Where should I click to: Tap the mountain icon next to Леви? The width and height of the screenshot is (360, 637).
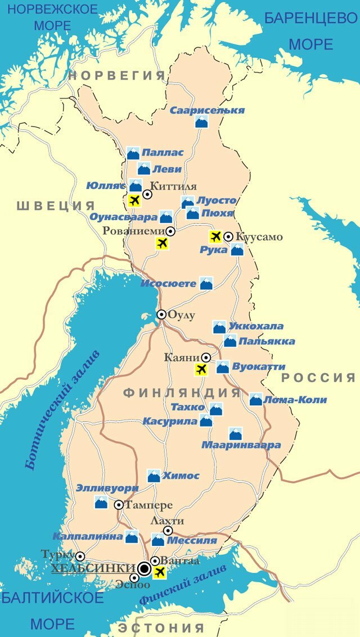144,169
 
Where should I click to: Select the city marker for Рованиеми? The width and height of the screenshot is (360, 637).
170,231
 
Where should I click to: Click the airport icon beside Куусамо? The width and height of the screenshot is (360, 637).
215,237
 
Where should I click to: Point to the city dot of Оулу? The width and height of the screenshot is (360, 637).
161,315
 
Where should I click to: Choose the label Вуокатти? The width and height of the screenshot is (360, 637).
259,366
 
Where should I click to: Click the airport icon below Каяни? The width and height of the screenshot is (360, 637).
201,369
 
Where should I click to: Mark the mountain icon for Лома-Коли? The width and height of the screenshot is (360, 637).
256,400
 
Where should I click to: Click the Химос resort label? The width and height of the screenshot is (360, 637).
181,475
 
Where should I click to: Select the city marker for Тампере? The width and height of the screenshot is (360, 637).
119,505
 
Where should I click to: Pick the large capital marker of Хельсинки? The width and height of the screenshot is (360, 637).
145,569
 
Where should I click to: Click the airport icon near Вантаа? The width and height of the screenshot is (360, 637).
160,573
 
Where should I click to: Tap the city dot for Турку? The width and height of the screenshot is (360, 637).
80,556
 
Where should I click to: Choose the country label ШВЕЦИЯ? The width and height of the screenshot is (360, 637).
55,205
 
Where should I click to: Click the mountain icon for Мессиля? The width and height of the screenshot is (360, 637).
158,540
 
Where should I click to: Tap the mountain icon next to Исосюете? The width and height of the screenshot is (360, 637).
206,284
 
